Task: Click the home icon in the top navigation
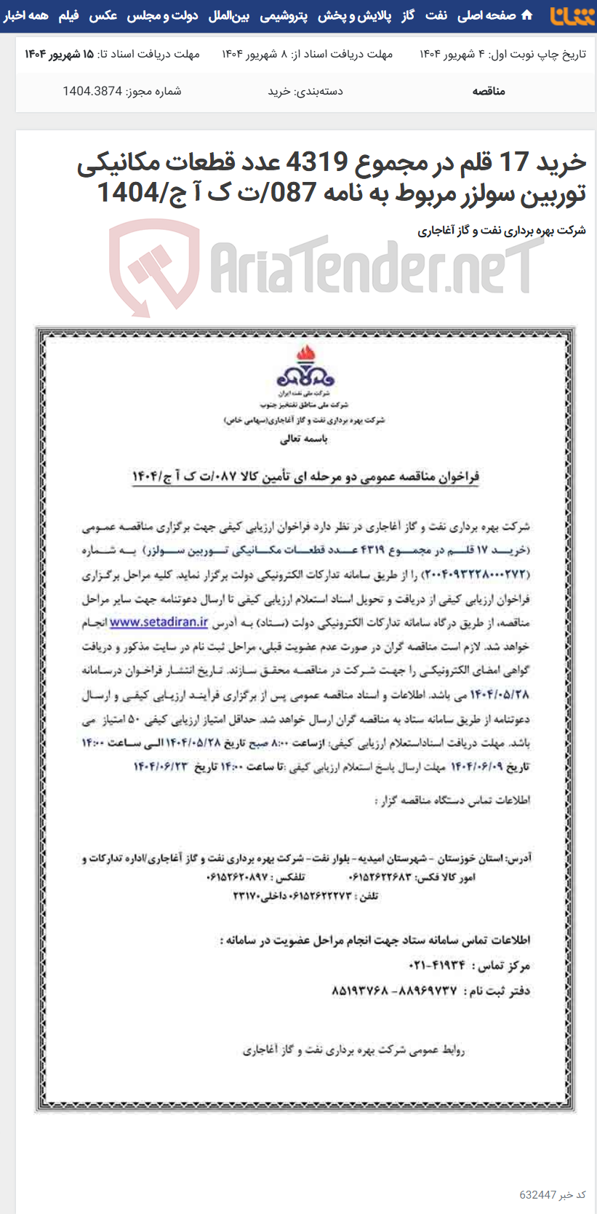527,15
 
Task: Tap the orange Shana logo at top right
572,15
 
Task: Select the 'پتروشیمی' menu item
284,15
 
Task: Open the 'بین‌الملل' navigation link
228,15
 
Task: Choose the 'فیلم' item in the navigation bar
68,15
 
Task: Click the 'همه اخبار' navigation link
25,15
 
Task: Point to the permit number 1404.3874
92,91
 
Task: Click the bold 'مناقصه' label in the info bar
489,91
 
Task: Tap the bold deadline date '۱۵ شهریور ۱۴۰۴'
60,54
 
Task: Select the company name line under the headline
501,231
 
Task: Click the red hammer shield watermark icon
154,267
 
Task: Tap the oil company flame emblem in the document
305,368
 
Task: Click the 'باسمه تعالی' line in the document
304,439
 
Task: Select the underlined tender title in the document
305,477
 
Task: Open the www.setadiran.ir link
159,623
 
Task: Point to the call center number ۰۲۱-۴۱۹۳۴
436,965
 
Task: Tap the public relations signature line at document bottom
353,1050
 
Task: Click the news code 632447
538,1195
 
